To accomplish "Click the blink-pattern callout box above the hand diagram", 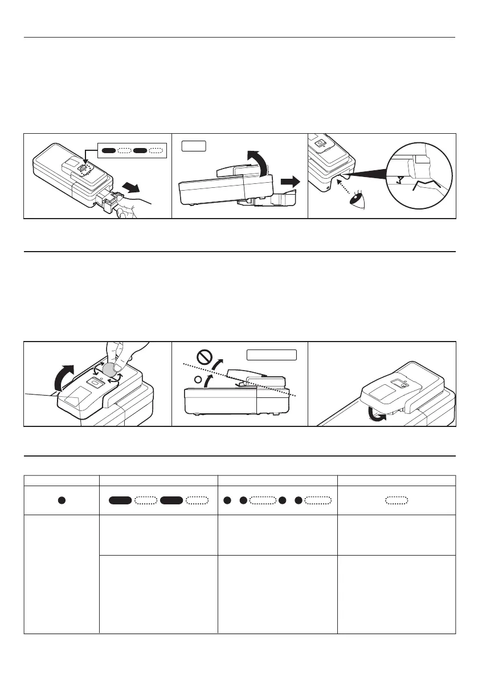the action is pyautogui.click(x=131, y=151).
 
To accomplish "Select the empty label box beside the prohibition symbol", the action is pyautogui.click(x=271, y=355).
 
